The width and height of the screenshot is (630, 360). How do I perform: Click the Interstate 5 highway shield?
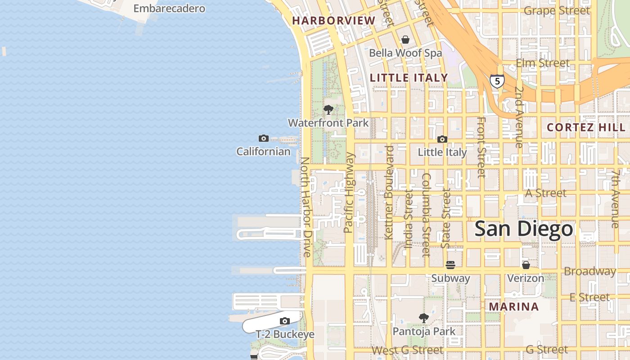tap(497, 81)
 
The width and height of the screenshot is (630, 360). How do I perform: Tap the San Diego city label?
tap(524, 229)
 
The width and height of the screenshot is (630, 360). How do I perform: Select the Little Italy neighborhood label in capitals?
tap(409, 78)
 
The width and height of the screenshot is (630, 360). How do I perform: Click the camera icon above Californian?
tap(264, 138)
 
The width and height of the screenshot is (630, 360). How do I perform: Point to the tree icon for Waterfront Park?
tap(328, 109)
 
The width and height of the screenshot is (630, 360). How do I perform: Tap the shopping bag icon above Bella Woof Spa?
tap(405, 40)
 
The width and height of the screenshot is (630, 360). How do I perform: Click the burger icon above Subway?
tap(450, 265)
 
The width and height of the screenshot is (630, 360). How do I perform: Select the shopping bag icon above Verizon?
tap(526, 265)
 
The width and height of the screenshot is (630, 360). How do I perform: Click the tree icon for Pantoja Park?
tap(424, 318)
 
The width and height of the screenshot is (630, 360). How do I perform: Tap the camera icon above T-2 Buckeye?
tap(284, 321)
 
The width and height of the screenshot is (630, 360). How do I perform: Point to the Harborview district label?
tap(333, 20)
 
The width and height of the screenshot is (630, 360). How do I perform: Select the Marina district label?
tap(513, 307)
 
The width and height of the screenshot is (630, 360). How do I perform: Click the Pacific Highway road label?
tap(349, 193)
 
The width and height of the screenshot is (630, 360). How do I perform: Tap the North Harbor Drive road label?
tap(306, 207)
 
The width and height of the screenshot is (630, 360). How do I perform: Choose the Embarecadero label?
tap(169, 8)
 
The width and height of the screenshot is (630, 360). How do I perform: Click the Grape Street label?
tap(557, 10)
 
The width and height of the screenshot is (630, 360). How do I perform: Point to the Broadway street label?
tap(589, 271)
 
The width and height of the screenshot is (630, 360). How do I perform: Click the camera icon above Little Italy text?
tap(442, 139)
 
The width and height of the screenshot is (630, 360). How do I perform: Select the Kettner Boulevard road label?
tap(389, 192)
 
